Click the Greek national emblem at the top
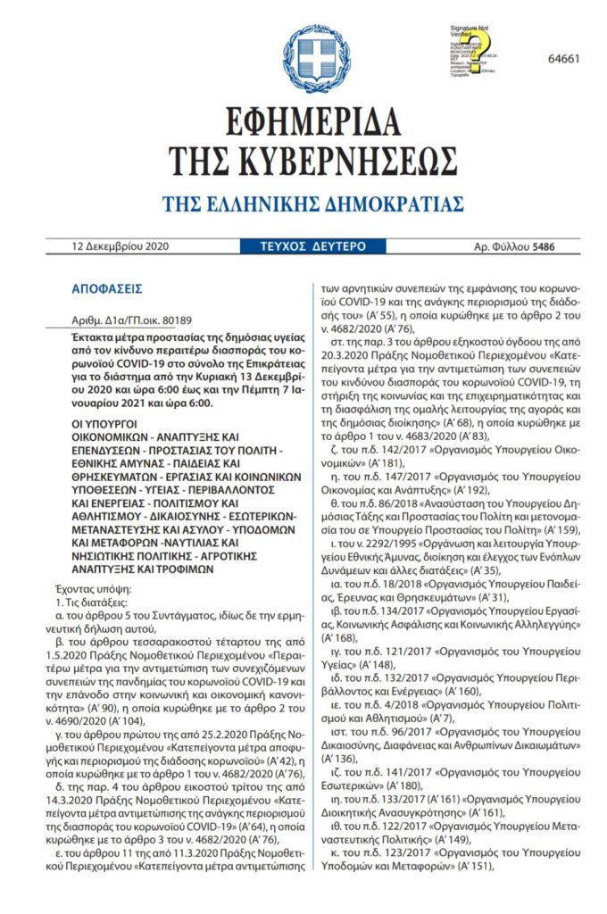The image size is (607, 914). click(303, 55)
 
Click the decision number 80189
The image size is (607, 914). click(173, 320)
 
